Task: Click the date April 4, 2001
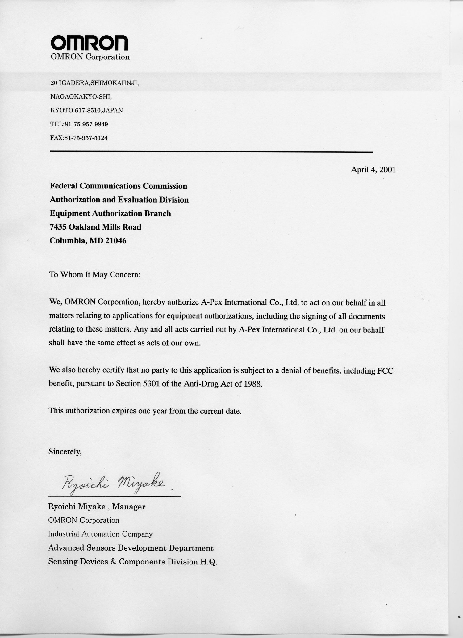pyautogui.click(x=373, y=170)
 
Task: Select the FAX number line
pyautogui.click(x=79, y=138)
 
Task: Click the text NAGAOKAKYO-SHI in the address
pyautogui.click(x=81, y=97)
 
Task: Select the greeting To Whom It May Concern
pyautogui.click(x=95, y=275)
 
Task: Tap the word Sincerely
pyautogui.click(x=65, y=452)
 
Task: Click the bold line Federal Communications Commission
pyautogui.click(x=119, y=186)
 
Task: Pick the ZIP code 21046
pyautogui.click(x=116, y=241)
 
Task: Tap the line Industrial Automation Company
pyautogui.click(x=100, y=534)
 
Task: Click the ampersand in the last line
pyautogui.click(x=113, y=561)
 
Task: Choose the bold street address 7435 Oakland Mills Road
pyautogui.click(x=95, y=227)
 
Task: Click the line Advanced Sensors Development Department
pyautogui.click(x=131, y=548)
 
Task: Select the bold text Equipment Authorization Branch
pyautogui.click(x=110, y=213)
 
